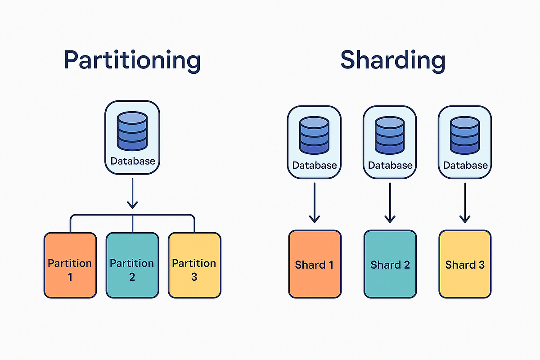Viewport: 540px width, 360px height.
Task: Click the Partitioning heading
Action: (x=132, y=61)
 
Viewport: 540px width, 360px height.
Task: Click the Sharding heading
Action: (x=392, y=61)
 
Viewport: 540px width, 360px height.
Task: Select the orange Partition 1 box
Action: (x=70, y=265)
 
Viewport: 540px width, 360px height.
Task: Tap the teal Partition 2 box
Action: (x=132, y=265)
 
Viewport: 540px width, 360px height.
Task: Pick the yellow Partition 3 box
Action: (x=194, y=265)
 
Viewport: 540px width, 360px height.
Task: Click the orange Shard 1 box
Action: (x=315, y=264)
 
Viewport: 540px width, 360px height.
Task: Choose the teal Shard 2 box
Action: (x=390, y=264)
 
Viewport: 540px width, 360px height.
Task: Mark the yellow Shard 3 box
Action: (x=465, y=264)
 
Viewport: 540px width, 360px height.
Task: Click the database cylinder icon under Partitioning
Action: (x=132, y=131)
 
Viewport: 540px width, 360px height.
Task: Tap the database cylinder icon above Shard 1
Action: (x=315, y=135)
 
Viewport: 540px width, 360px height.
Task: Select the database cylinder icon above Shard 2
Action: (x=390, y=135)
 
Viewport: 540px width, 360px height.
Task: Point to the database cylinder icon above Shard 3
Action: (x=465, y=135)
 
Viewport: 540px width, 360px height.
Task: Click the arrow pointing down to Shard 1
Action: (x=315, y=202)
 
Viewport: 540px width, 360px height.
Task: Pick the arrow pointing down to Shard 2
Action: (x=390, y=202)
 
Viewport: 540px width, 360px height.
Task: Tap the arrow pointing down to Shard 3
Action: (x=465, y=202)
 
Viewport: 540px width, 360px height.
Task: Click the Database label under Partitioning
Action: (x=132, y=161)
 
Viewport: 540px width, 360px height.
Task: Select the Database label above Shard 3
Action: (x=465, y=165)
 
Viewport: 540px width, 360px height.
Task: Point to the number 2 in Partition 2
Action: (x=132, y=277)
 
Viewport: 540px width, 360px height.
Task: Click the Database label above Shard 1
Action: (x=315, y=165)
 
